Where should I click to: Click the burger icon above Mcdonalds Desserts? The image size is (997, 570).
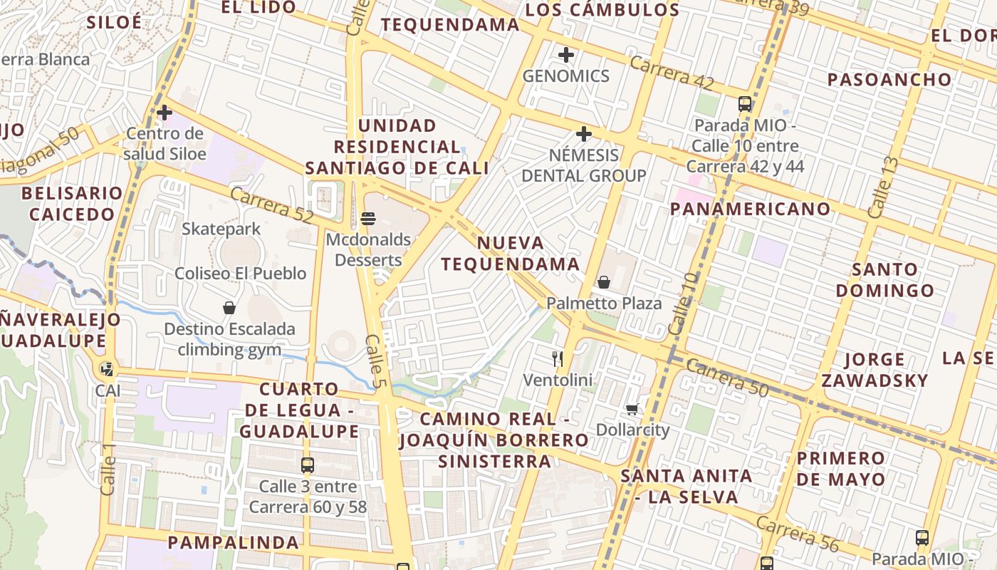click(368, 219)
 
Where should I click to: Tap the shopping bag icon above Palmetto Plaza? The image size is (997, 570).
click(604, 282)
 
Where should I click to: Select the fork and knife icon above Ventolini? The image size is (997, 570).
click(558, 358)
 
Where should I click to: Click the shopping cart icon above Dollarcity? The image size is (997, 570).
click(632, 409)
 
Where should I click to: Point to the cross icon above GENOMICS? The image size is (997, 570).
click(566, 55)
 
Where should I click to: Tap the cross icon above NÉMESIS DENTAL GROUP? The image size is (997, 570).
click(584, 134)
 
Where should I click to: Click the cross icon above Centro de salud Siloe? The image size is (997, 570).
click(165, 113)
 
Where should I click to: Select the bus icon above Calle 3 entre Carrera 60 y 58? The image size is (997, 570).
click(308, 465)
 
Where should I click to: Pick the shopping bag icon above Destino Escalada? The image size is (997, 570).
click(229, 308)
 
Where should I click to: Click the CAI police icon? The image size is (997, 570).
click(107, 369)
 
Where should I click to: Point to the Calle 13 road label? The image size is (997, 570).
click(883, 187)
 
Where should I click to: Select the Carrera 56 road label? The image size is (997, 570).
click(798, 534)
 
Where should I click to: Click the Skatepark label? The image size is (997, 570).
click(221, 229)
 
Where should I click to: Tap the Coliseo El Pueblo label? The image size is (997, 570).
click(241, 274)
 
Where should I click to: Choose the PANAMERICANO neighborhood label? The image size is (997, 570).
click(751, 209)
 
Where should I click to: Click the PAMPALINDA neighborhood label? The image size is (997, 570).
click(234, 542)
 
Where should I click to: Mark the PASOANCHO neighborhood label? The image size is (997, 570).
click(889, 79)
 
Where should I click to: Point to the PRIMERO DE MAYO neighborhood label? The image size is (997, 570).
click(841, 468)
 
